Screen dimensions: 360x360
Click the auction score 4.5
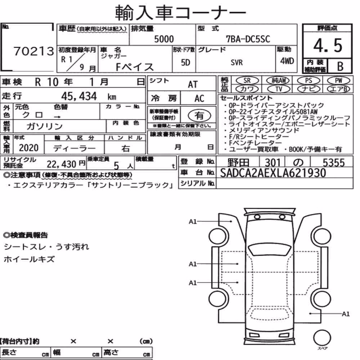click(328, 45)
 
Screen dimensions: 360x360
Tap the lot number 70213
click(33, 51)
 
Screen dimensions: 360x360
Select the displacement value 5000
click(164, 39)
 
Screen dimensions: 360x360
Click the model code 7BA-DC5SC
click(248, 39)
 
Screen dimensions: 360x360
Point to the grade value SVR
click(237, 62)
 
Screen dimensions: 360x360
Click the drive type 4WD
click(287, 61)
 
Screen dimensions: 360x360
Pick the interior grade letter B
click(340, 66)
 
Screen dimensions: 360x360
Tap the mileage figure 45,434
click(79, 96)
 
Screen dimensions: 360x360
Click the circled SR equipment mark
click(247, 80)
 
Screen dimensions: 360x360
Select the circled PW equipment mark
click(338, 80)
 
